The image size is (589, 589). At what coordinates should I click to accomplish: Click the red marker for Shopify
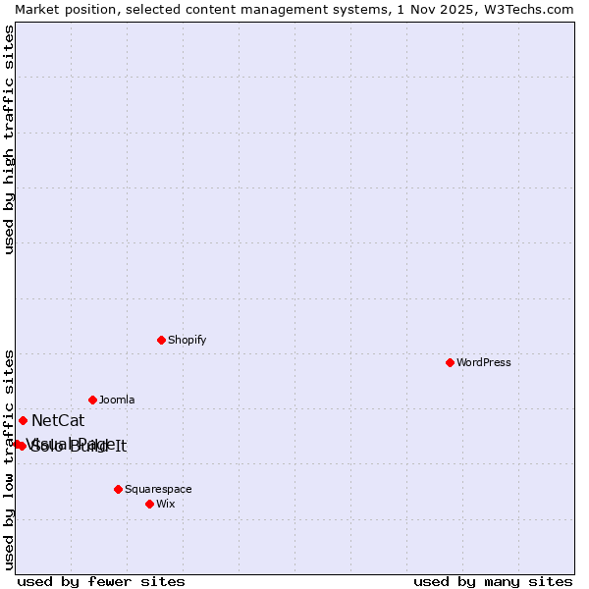click(161, 340)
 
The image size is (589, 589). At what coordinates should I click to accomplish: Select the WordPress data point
click(450, 362)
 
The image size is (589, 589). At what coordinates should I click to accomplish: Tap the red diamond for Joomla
click(92, 400)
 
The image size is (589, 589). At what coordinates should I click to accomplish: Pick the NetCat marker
click(23, 420)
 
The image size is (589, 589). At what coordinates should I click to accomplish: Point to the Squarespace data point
click(118, 489)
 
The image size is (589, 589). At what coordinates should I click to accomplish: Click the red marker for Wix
click(149, 504)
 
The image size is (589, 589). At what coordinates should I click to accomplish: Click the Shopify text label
click(187, 340)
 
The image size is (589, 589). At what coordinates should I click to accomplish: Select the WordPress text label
click(484, 362)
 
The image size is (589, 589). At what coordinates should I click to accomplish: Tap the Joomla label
click(117, 400)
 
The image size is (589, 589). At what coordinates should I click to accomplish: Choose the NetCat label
click(58, 421)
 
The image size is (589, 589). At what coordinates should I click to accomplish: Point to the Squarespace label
click(158, 489)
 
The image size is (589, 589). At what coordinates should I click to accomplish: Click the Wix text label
click(166, 504)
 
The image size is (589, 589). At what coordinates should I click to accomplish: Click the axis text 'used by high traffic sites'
click(10, 139)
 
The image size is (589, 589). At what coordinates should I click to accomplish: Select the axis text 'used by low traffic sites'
click(10, 458)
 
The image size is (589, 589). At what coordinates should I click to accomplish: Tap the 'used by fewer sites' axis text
click(101, 581)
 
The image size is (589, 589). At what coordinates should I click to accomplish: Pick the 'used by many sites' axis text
click(493, 581)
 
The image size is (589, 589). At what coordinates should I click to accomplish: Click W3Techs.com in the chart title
click(527, 9)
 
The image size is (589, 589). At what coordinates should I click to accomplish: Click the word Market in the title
click(39, 9)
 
